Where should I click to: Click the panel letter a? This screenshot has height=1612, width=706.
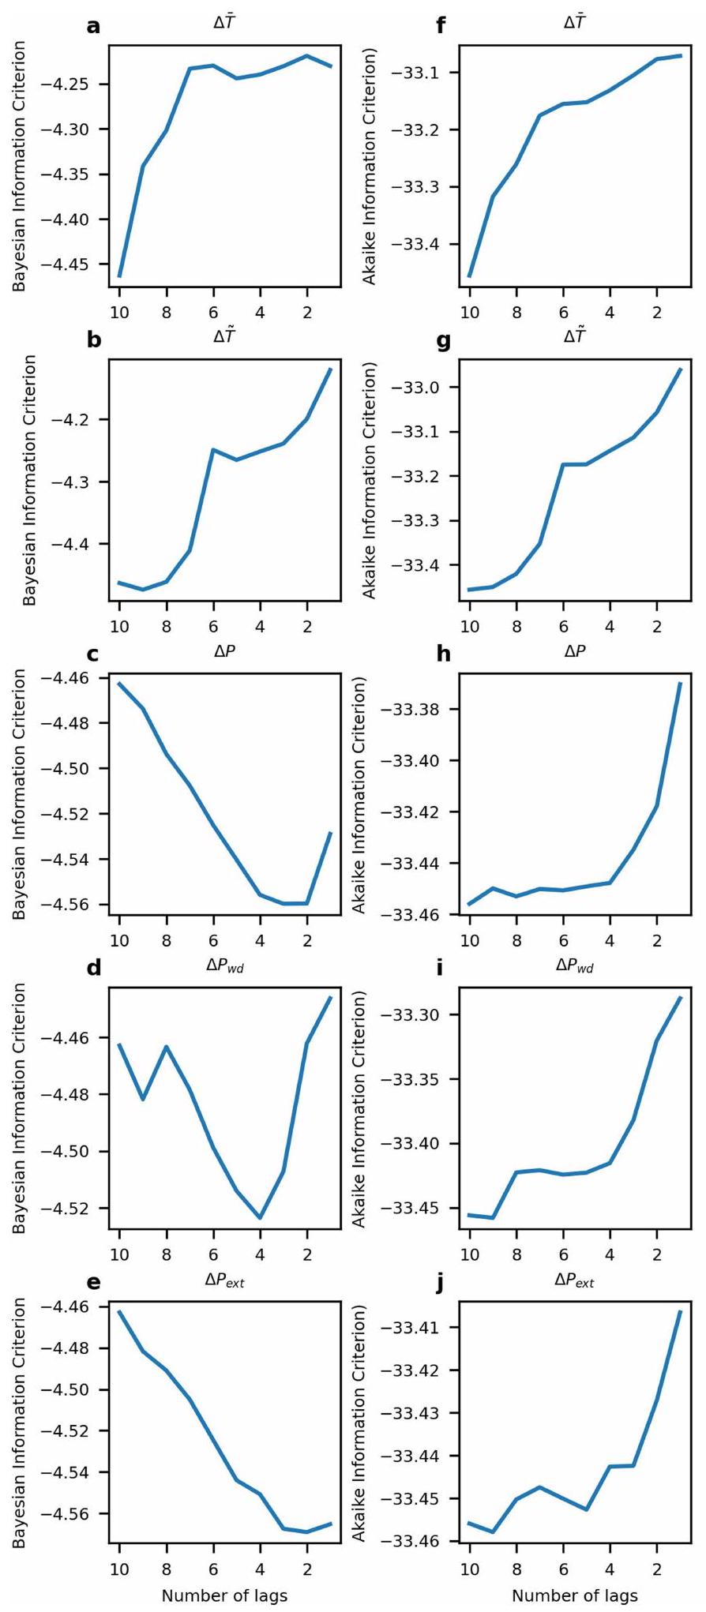pos(94,26)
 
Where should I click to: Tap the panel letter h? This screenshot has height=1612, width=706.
pos(442,654)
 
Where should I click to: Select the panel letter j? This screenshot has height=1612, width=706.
pos(441,1284)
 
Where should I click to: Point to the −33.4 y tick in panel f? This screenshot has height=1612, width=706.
pos(424,244)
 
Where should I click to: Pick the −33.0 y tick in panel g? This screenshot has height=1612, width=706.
pos(424,388)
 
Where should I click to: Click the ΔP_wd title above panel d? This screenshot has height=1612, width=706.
pos(224,965)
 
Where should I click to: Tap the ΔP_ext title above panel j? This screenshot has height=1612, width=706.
pos(574,1280)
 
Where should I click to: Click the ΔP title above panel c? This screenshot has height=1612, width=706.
pos(224,652)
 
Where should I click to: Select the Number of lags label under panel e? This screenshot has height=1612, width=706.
pos(224,1595)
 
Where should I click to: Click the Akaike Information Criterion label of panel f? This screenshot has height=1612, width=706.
pos(369,166)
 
